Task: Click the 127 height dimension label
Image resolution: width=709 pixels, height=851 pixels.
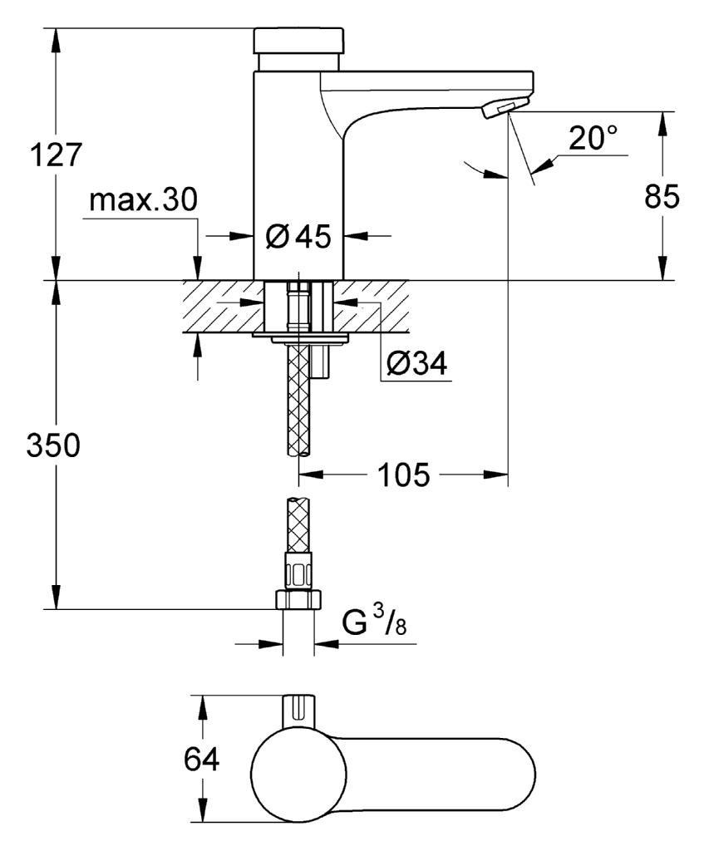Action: click(56, 155)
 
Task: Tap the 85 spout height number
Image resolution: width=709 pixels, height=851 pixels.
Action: click(662, 196)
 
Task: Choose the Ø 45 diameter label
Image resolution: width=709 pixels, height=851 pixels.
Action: click(298, 237)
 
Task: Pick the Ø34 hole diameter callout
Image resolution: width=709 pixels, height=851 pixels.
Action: click(416, 363)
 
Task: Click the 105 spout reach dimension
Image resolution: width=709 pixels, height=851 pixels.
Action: click(403, 475)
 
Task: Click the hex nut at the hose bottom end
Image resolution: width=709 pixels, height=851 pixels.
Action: click(299, 600)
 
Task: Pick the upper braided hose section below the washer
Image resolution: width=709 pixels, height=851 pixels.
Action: click(299, 399)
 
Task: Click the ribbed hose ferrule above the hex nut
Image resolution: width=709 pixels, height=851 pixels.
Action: click(299, 571)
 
